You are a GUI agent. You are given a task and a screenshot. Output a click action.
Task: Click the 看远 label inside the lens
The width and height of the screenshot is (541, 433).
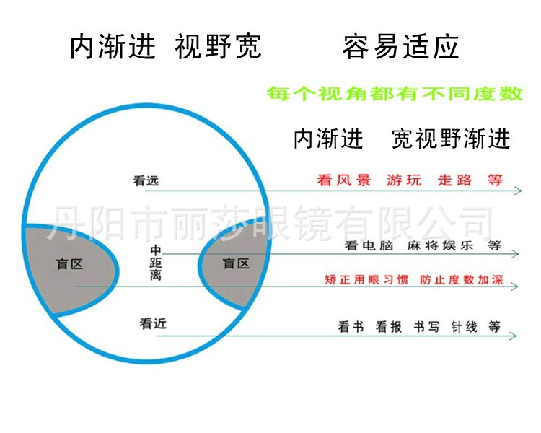coord(145,182)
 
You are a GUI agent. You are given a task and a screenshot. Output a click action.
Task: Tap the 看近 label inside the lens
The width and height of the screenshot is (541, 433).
coord(153,324)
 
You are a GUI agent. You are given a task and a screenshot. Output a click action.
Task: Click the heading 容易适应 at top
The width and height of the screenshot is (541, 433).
coord(400,48)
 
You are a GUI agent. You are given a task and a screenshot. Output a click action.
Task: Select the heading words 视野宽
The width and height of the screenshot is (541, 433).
coord(219,48)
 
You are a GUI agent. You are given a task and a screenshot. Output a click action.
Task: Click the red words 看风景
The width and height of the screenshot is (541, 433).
coord(344,180)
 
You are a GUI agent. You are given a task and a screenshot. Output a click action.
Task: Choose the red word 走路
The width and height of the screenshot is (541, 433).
coord(455,180)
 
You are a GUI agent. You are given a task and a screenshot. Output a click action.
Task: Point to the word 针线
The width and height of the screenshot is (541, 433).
coord(464,327)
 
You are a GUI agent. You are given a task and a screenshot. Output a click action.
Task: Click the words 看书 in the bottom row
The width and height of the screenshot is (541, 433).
coord(351,327)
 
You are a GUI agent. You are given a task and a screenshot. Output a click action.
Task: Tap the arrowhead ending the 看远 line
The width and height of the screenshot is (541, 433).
coord(517,191)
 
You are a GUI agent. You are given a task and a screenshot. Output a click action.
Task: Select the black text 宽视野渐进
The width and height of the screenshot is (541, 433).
coord(451,138)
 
